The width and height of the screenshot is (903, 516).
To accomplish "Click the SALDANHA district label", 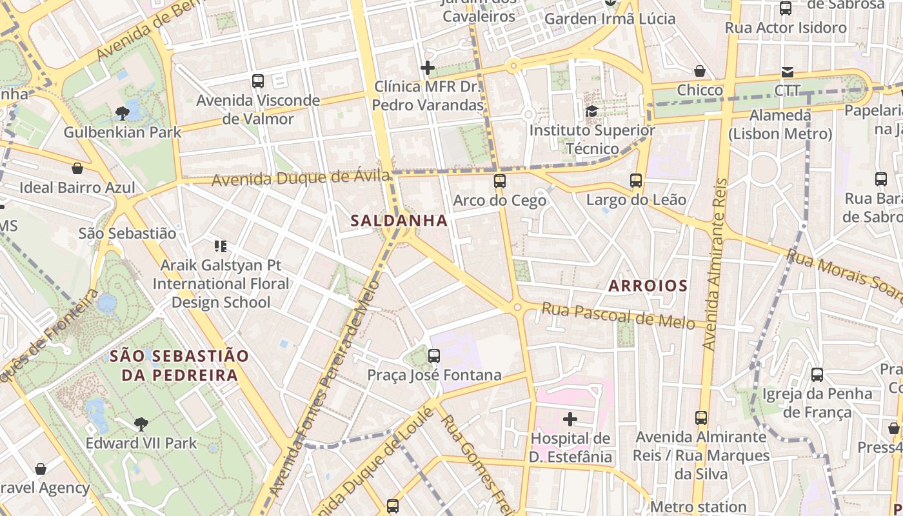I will click(399, 221).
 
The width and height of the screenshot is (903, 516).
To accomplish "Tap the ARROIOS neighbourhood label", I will click(648, 285).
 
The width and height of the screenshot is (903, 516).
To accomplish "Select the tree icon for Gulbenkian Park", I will click(122, 114).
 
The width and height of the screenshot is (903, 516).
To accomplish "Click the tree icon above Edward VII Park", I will click(141, 424).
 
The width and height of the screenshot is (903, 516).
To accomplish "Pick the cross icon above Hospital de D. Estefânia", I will click(570, 419).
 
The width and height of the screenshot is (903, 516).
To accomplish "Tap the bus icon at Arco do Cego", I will click(500, 181).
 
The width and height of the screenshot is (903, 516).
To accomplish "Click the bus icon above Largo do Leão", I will click(636, 181).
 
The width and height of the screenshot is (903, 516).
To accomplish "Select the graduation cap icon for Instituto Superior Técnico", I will click(591, 112).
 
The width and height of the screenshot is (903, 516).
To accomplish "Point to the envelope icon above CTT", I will click(787, 72).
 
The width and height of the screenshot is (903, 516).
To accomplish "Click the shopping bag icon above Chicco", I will click(700, 71).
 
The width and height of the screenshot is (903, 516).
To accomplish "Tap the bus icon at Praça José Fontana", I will click(434, 355).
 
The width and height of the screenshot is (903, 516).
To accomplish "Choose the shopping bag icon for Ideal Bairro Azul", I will click(77, 168).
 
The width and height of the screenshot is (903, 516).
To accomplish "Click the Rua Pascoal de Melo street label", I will click(618, 315).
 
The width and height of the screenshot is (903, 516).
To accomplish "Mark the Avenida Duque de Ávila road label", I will click(301, 177).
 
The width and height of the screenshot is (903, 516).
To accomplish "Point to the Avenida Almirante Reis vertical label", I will click(715, 264).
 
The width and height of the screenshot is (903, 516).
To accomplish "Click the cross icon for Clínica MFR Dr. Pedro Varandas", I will click(428, 68).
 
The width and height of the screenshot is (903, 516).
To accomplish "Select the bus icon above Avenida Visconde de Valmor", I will click(258, 81).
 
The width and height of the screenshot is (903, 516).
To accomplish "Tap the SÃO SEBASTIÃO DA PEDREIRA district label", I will click(179, 365).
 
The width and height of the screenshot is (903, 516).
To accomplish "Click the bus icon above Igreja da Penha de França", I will click(817, 374).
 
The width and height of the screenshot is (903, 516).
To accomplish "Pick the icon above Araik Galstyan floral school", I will click(221, 246).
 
